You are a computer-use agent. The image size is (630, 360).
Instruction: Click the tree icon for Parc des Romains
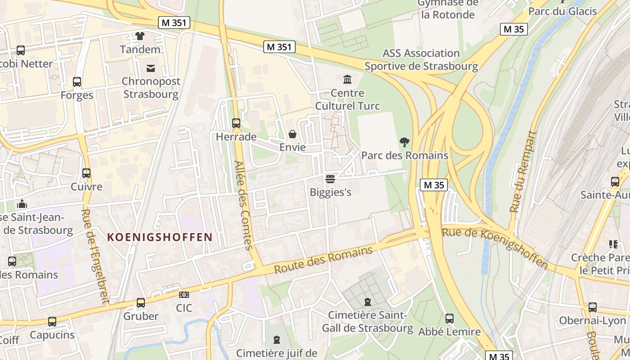(405, 143)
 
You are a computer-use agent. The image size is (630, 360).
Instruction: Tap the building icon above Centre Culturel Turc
(347, 80)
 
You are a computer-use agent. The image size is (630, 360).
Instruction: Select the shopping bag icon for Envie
(292, 134)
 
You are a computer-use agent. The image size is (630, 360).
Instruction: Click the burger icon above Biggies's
(330, 179)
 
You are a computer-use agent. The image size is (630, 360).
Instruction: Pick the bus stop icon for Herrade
(236, 123)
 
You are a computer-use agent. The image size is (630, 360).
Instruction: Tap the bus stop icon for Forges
(77, 82)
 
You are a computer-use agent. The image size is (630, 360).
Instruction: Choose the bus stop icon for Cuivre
(86, 173)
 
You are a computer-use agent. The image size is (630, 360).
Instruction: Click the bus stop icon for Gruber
(141, 303)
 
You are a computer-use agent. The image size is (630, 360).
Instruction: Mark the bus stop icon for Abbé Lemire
(449, 319)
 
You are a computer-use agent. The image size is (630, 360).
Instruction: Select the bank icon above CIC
(184, 295)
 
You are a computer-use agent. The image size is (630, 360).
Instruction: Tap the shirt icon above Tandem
(140, 36)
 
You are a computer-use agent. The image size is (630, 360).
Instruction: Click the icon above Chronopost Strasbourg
(151, 68)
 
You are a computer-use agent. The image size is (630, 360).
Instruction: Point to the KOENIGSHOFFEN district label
(160, 237)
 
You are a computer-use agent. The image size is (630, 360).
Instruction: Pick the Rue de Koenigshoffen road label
(495, 247)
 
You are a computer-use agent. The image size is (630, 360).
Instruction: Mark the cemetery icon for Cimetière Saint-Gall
(368, 301)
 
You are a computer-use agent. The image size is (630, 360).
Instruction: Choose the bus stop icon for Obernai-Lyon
(593, 307)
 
